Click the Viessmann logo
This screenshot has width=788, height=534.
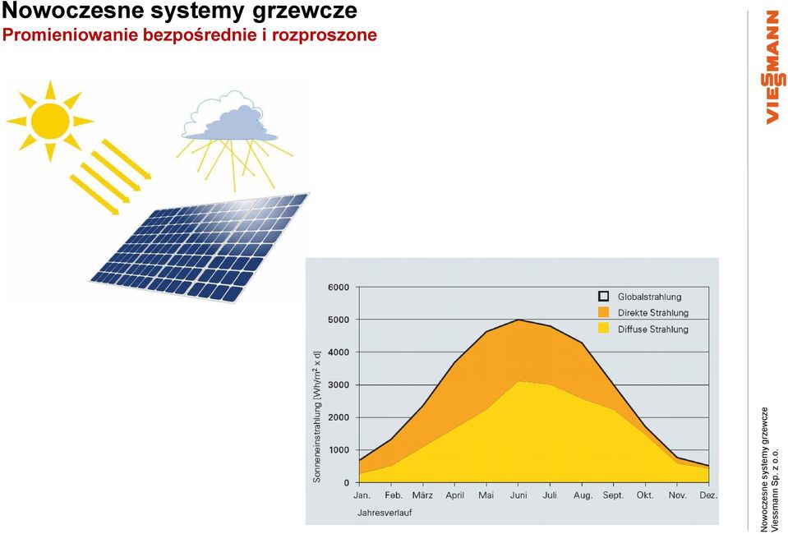(x=774, y=67)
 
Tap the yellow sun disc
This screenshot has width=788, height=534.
(x=50, y=121)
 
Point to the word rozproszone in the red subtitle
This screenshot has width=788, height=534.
(x=325, y=35)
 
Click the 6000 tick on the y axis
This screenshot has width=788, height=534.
(x=339, y=288)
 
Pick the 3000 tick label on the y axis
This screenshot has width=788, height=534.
(x=339, y=384)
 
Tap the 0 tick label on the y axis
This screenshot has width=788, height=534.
(x=346, y=483)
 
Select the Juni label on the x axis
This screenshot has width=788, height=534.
(x=518, y=496)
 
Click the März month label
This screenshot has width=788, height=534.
(x=422, y=495)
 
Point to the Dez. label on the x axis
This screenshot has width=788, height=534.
(x=708, y=495)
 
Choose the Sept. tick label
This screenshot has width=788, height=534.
(x=614, y=496)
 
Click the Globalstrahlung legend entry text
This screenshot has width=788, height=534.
(x=650, y=297)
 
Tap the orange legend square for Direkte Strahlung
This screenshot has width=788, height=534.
(x=604, y=312)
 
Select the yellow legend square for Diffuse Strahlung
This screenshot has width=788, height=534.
(x=604, y=329)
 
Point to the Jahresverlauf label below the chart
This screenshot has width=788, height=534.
(x=385, y=513)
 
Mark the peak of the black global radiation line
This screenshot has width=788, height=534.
(x=518, y=320)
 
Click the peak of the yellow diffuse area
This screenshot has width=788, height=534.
(x=518, y=382)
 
